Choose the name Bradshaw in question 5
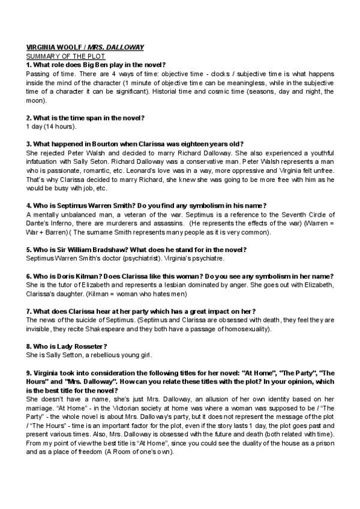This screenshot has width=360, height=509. (x=117, y=250)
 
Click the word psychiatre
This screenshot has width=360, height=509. (x=204, y=259)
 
